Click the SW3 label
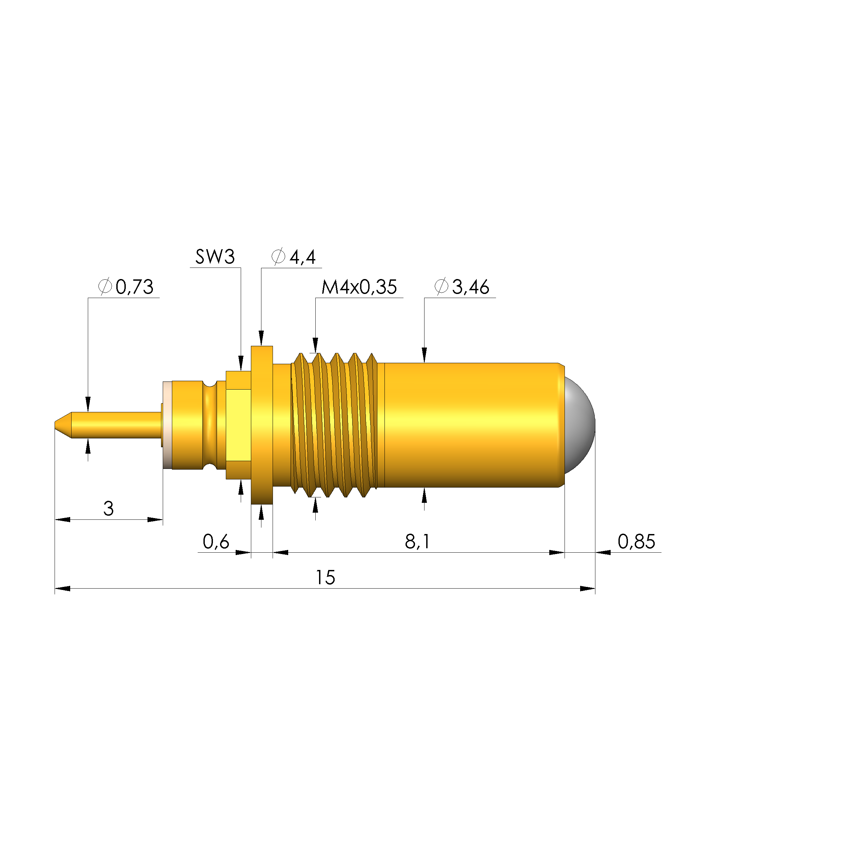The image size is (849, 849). tap(215, 257)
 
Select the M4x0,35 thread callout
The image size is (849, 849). tap(359, 287)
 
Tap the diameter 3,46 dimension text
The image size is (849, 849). tap(461, 287)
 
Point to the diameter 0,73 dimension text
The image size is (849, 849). tap(126, 287)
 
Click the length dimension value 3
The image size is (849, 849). tap(108, 509)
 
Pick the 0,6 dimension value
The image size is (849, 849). tap(216, 541)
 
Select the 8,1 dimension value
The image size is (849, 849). tap(417, 541)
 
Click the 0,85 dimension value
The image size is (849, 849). tap(636, 541)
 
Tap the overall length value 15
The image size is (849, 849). tap(325, 577)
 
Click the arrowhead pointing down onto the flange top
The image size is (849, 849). tap(261, 339)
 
